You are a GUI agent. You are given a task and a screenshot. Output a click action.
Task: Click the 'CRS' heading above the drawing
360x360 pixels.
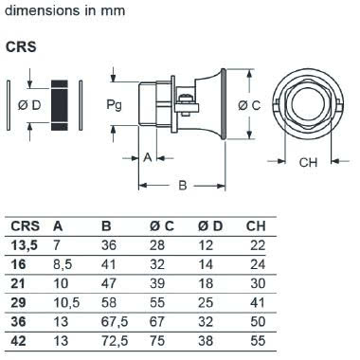pyautogui.click(x=21, y=47)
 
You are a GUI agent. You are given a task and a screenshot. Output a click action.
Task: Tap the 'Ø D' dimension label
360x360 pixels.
pyautogui.click(x=29, y=105)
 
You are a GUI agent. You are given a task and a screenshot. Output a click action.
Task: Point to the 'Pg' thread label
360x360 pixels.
pyautogui.click(x=114, y=105)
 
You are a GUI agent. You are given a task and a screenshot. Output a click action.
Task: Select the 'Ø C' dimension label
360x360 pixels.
pyautogui.click(x=249, y=105)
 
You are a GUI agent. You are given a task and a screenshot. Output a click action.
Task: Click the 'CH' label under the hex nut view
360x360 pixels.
pyautogui.click(x=308, y=162)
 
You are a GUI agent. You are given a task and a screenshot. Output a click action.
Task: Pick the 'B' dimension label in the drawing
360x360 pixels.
pyautogui.click(x=183, y=185)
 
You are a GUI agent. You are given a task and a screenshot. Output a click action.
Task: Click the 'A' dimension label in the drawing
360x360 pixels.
pyautogui.click(x=148, y=157)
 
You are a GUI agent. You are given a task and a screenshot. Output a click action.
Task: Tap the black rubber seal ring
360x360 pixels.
pyautogui.click(x=60, y=105)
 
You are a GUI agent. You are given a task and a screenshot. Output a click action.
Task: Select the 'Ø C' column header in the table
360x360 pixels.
pyautogui.click(x=162, y=226)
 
